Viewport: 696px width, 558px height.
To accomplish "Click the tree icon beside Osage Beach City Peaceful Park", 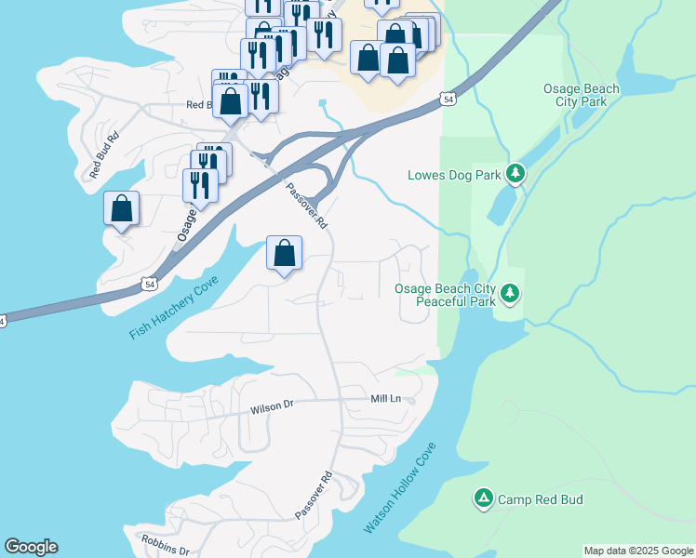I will coord(509,294).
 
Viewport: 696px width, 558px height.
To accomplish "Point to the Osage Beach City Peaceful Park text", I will coord(446,296).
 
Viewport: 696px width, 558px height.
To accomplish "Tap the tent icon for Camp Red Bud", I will coord(483,499).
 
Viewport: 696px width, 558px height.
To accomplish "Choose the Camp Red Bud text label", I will coord(540,499).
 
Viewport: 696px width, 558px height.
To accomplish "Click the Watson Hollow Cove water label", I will coord(399,488).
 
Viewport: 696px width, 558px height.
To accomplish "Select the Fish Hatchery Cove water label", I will coord(174,308).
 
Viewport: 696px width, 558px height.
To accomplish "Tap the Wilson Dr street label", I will coord(272,407).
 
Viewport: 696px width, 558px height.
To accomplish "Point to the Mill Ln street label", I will coord(385,398).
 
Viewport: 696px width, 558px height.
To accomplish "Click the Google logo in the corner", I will coord(31,547).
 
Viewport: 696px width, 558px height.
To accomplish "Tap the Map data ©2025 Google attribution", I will coord(638,551).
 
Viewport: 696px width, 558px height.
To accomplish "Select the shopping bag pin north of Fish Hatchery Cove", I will coord(284,253).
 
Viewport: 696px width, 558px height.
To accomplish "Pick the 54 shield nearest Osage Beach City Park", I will coord(448,99).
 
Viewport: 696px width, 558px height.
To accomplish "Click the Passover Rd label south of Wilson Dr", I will coord(315,496).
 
